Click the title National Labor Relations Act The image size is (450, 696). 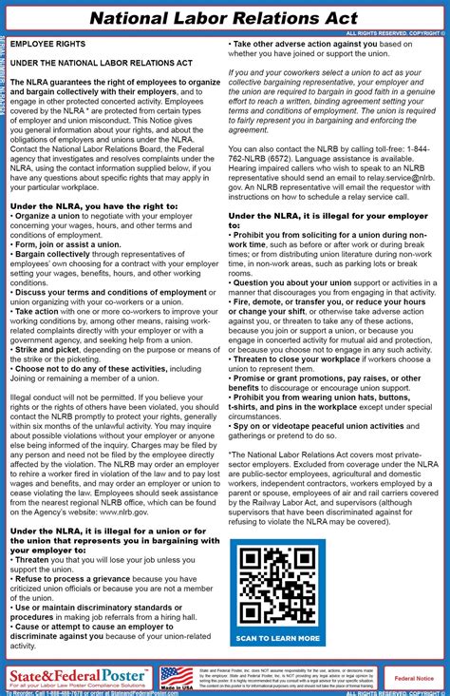pos(225,17)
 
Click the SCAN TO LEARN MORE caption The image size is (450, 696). pos(277,638)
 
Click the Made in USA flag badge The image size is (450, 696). pos(176,677)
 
